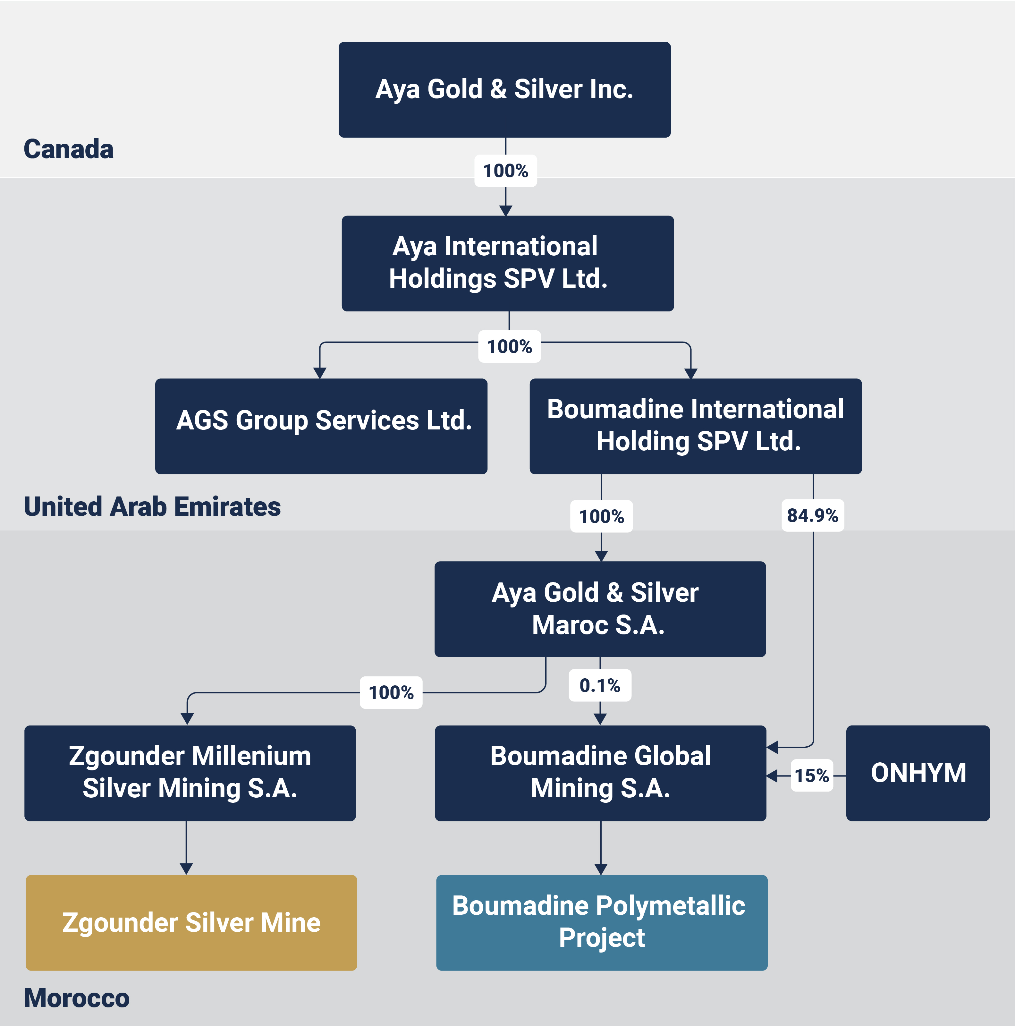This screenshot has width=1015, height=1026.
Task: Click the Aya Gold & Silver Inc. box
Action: [504, 90]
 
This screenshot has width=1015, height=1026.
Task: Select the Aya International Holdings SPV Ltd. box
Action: [508, 263]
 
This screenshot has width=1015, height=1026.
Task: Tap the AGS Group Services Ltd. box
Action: [321, 427]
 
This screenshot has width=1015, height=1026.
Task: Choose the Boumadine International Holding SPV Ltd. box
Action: [696, 427]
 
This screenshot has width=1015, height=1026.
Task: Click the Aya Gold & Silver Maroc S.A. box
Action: [600, 609]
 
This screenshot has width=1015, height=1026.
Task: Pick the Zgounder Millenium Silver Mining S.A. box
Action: [190, 773]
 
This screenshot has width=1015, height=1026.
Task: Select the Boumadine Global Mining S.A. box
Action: [601, 773]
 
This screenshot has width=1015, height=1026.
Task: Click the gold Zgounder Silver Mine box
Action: [191, 923]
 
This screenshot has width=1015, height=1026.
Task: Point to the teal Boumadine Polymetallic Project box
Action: [602, 923]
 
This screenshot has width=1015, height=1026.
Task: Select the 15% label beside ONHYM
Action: [812, 776]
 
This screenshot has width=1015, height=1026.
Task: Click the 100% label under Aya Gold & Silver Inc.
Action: [506, 171]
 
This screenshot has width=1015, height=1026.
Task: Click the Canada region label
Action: [69, 149]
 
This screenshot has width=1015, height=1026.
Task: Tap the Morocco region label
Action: [76, 998]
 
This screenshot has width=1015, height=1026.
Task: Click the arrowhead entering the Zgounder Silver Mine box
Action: [186, 869]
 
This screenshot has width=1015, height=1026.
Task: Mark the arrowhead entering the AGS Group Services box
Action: [320, 373]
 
